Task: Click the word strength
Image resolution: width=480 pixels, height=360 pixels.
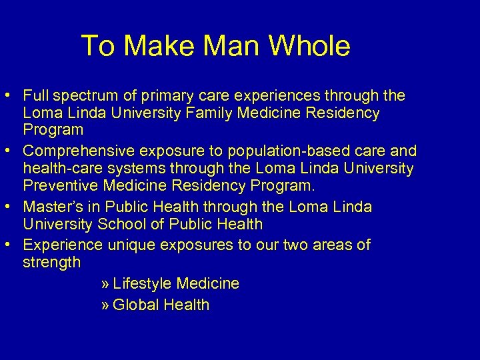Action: pos(52,262)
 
